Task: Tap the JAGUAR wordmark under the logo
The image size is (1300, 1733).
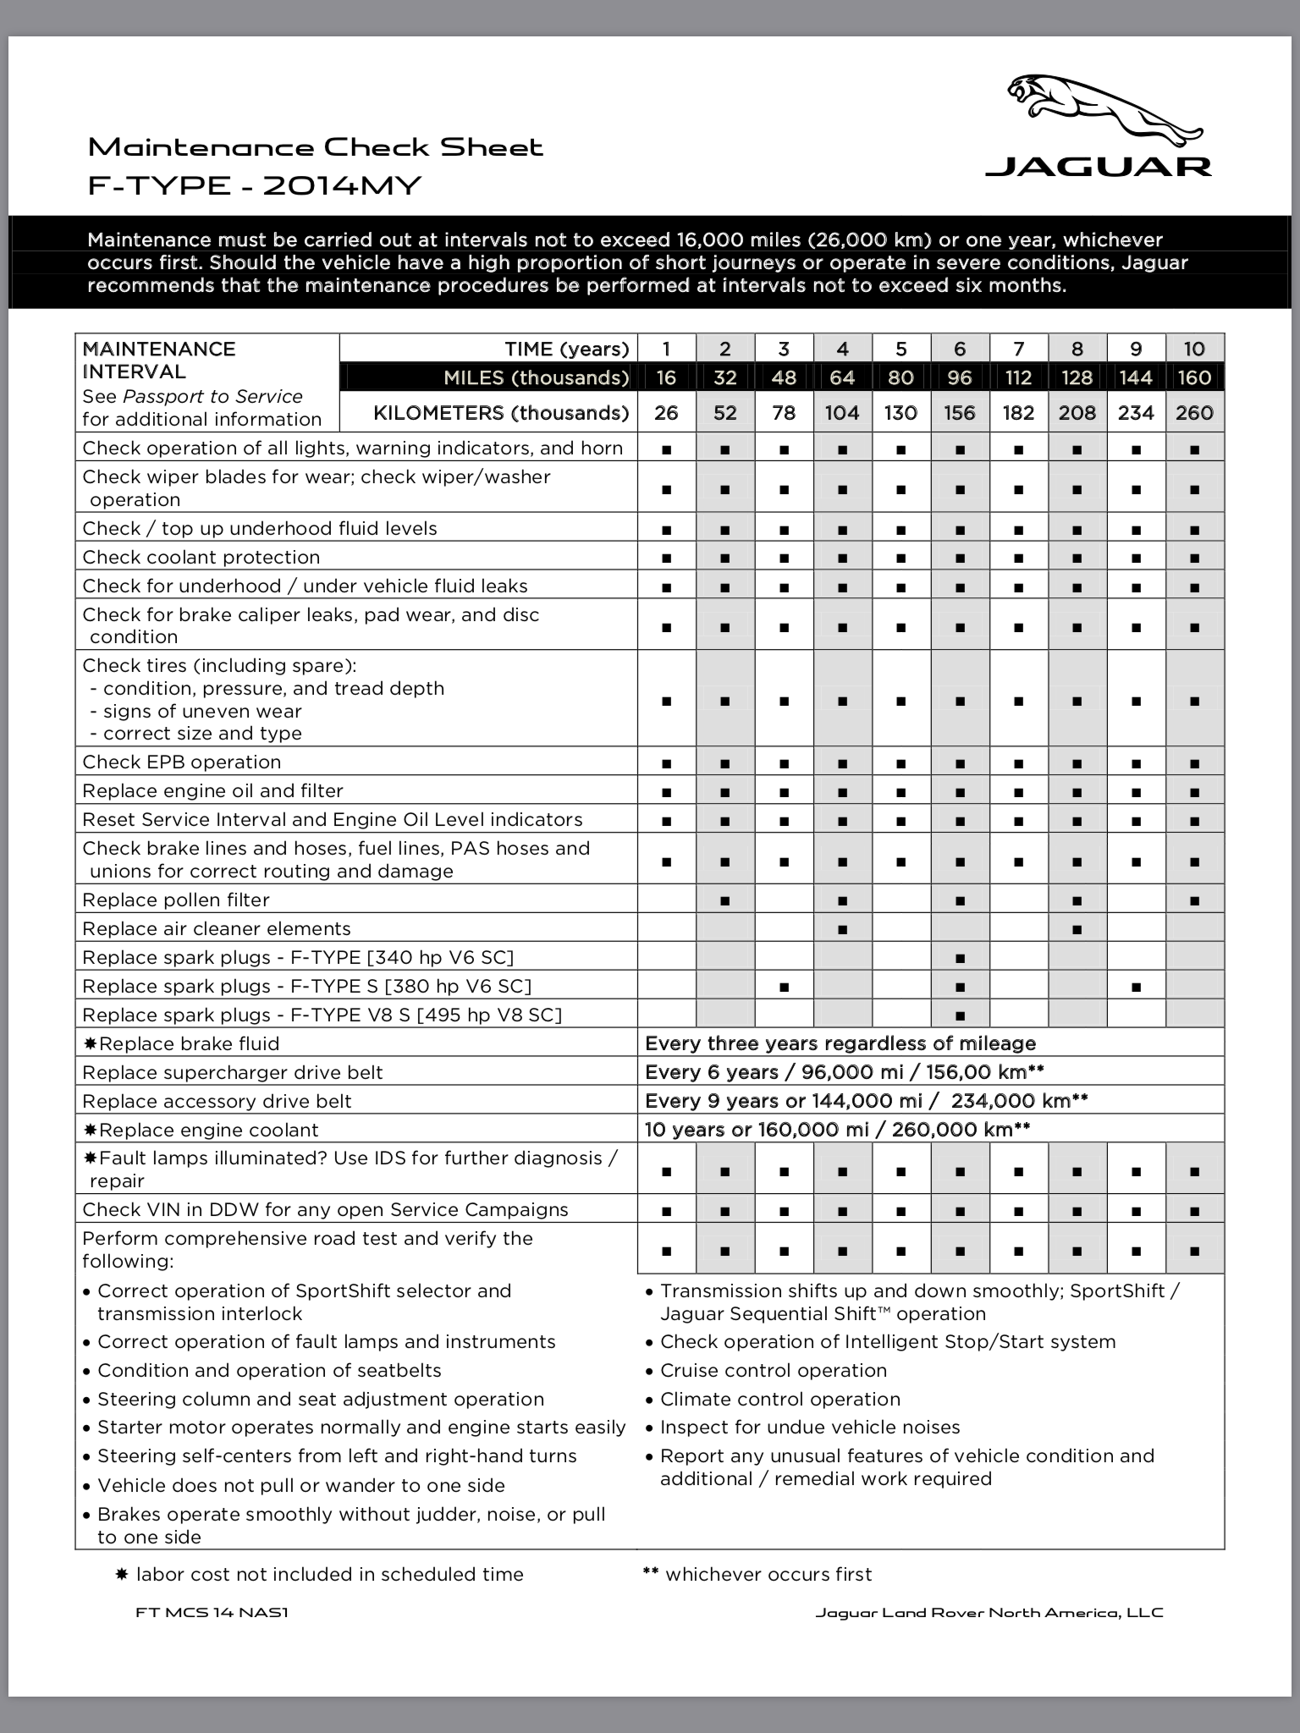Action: [x=1099, y=166]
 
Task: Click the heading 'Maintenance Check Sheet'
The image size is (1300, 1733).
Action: [x=315, y=147]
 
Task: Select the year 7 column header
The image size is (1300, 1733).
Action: [x=1018, y=349]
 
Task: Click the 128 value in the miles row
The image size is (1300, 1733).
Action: [x=1077, y=377]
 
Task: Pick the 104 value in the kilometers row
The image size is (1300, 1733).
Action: [x=842, y=413]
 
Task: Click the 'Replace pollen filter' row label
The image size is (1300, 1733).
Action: [x=176, y=900]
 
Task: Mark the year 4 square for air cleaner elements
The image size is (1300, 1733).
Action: [x=842, y=929]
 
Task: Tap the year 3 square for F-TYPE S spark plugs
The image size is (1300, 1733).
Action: [x=784, y=987]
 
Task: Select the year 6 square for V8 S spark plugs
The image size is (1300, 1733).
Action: [x=960, y=1015]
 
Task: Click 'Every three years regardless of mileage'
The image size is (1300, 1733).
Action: [x=840, y=1043]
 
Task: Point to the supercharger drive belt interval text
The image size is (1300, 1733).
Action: [x=844, y=1072]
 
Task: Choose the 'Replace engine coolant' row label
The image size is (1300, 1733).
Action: [x=207, y=1130]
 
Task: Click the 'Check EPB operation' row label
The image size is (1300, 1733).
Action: [x=182, y=762]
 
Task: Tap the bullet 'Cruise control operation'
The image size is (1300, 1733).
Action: [x=774, y=1370]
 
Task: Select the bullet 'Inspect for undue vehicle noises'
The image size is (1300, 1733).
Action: [x=810, y=1428]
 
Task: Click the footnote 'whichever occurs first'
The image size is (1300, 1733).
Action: [x=768, y=1574]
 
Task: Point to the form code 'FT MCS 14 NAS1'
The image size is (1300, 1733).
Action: [x=212, y=1612]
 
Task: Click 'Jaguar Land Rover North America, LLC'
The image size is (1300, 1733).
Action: [x=989, y=1612]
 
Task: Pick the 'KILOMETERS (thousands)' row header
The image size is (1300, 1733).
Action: [x=501, y=413]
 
